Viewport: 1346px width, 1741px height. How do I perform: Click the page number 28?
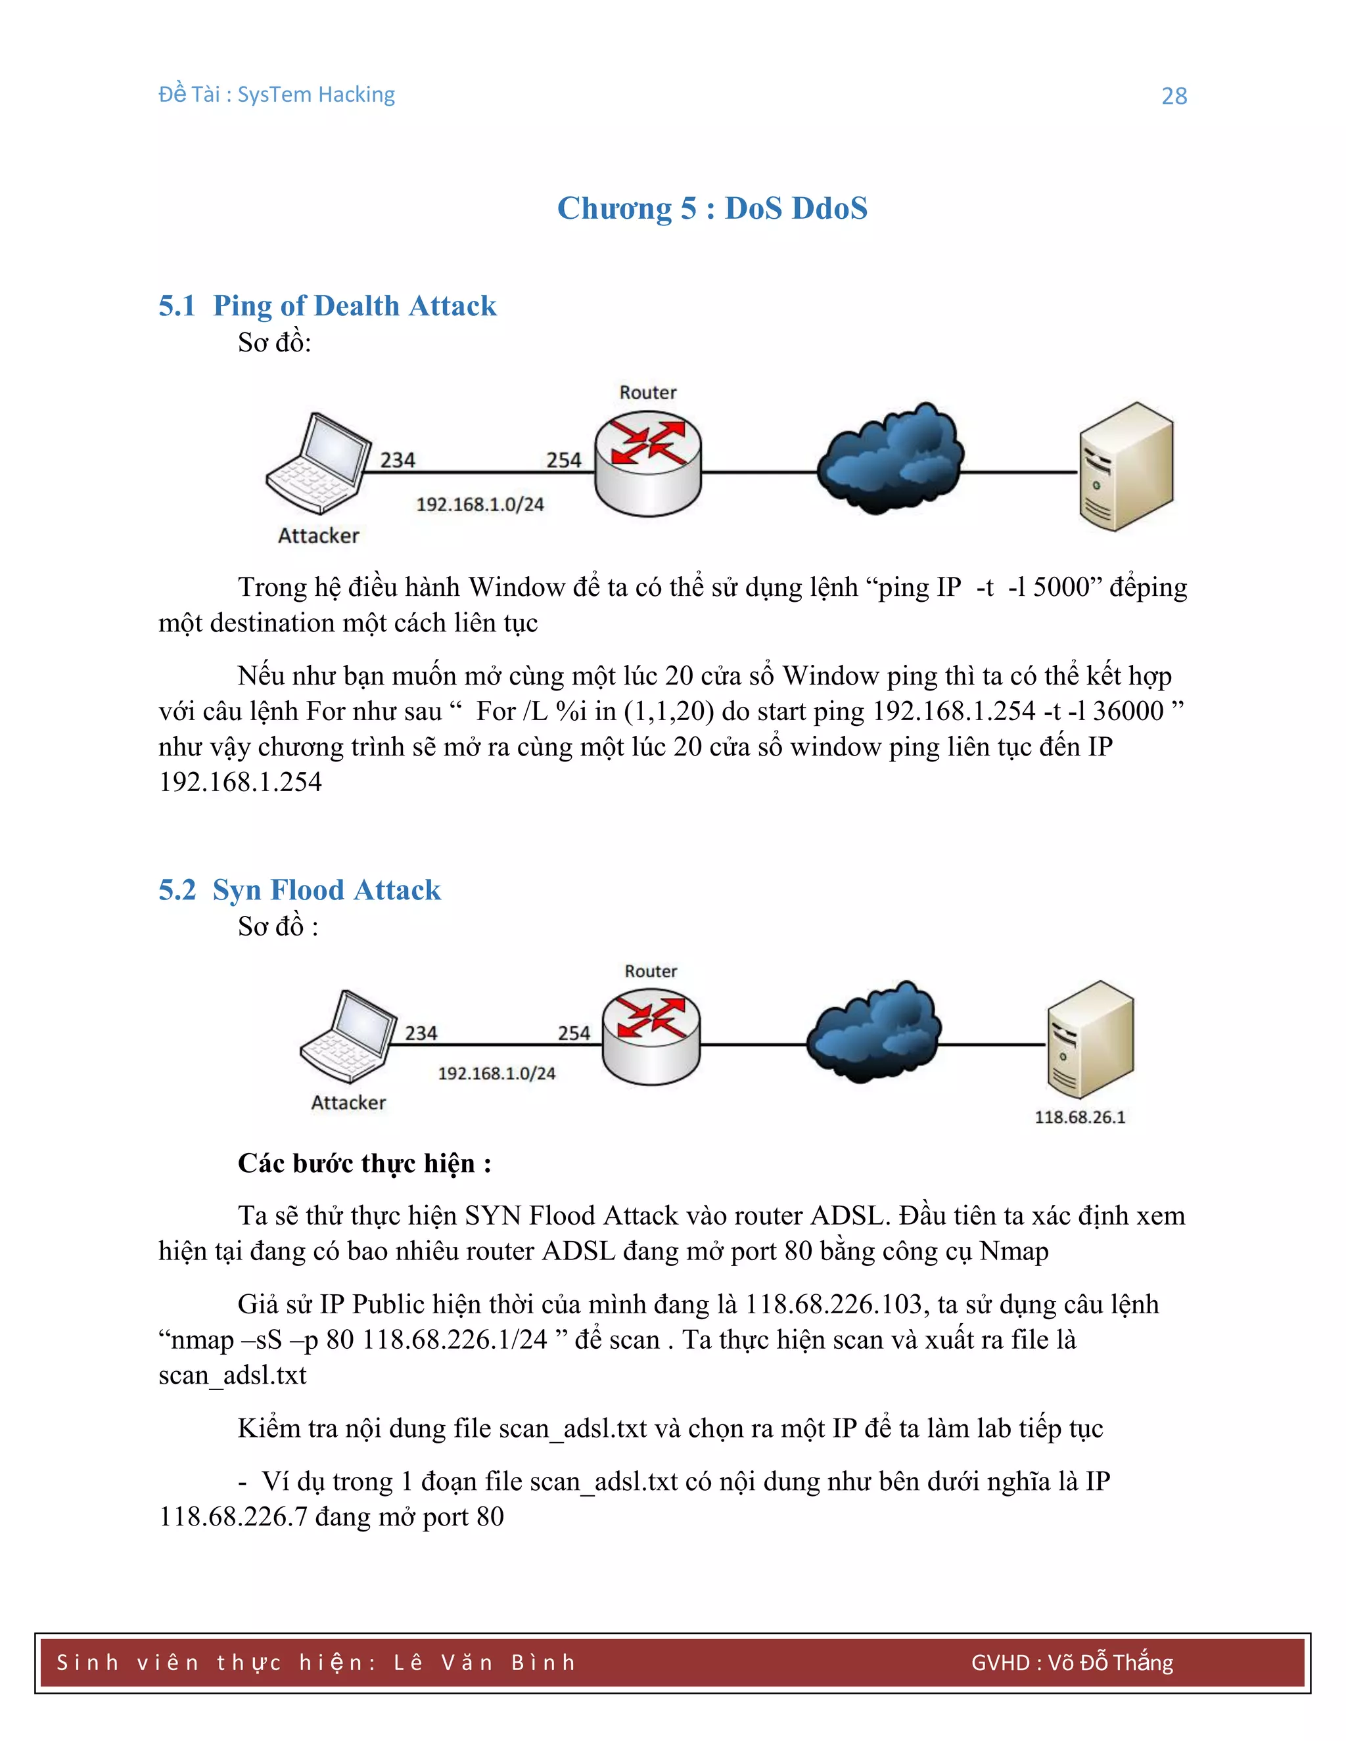pyautogui.click(x=1174, y=96)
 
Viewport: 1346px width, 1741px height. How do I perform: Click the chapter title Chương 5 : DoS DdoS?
pyautogui.click(x=711, y=208)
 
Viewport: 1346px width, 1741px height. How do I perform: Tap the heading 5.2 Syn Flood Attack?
pyautogui.click(x=299, y=890)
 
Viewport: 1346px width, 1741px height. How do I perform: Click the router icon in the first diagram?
pyautogui.click(x=647, y=463)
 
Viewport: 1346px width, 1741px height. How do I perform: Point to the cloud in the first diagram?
pyautogui.click(x=891, y=460)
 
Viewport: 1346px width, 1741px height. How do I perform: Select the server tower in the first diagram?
pyautogui.click(x=1125, y=466)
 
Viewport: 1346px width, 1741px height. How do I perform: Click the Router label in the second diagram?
pyautogui.click(x=651, y=971)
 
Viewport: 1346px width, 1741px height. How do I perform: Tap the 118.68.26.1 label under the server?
pyautogui.click(x=1080, y=1117)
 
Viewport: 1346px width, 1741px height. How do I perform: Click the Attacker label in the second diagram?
pyautogui.click(x=348, y=1102)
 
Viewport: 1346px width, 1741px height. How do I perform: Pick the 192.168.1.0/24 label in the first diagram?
pyautogui.click(x=480, y=504)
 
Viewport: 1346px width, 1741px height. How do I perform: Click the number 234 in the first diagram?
pyautogui.click(x=397, y=460)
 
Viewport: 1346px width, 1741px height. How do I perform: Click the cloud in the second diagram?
pyautogui.click(x=874, y=1033)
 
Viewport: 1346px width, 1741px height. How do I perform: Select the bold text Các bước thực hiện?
pyautogui.click(x=363, y=1163)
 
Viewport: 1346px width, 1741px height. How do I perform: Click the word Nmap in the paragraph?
pyautogui.click(x=1013, y=1251)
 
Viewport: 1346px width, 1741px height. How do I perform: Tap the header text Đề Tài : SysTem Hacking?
pyautogui.click(x=277, y=94)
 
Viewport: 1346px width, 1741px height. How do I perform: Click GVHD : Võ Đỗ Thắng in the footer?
pyautogui.click(x=1072, y=1662)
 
